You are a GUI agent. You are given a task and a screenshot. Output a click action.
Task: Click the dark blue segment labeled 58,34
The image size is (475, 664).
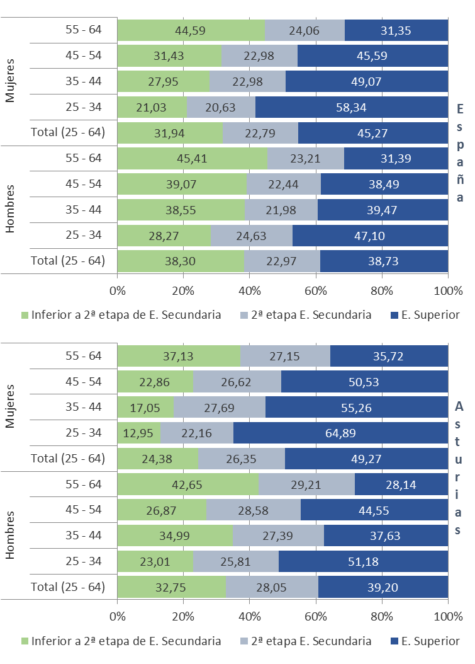[351, 107]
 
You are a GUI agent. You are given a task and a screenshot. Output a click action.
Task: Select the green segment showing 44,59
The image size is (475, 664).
[191, 30]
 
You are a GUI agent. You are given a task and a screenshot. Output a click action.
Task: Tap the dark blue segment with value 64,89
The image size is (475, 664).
[340, 433]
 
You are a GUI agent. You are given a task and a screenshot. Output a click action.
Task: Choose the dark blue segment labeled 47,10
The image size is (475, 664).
[370, 236]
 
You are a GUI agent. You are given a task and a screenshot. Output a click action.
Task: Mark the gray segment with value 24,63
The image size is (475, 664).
[252, 236]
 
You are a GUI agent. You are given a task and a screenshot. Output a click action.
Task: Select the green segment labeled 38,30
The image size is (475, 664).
[181, 261]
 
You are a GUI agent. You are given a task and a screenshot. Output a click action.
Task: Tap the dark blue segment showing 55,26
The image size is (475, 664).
[357, 408]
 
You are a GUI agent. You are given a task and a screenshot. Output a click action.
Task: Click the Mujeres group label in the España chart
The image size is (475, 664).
[11, 81]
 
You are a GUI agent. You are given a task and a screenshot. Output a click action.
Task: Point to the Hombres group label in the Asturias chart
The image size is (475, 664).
[11, 535]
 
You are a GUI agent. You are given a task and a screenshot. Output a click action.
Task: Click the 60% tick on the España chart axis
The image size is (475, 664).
[315, 290]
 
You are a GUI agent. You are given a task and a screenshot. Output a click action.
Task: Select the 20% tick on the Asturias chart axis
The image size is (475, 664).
[183, 615]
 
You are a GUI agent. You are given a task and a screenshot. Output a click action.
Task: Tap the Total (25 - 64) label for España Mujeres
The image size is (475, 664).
[67, 132]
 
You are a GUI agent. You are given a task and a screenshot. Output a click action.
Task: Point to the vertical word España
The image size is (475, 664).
[460, 153]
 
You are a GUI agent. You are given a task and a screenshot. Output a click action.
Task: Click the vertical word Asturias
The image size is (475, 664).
[460, 469]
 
